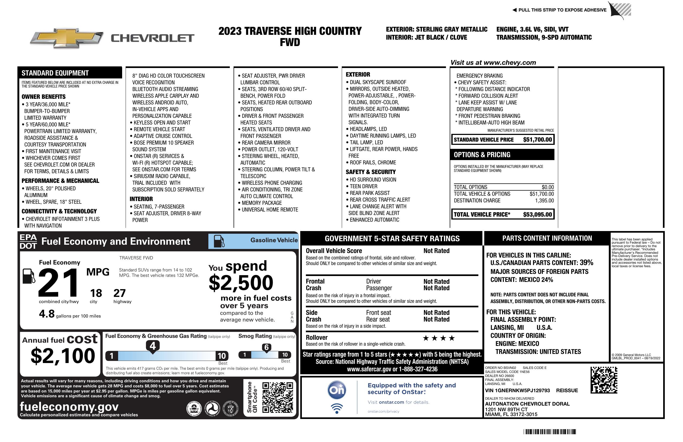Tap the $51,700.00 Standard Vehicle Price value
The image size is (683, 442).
click(x=537, y=140)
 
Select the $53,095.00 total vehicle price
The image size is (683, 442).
click(x=537, y=214)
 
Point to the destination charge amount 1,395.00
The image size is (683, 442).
click(x=544, y=201)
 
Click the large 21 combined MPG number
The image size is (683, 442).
click(x=58, y=283)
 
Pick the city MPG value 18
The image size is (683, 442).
click(x=96, y=293)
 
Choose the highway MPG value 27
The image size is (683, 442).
click(x=119, y=293)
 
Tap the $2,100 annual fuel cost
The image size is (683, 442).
click(x=63, y=356)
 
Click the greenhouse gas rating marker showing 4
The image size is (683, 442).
click(x=153, y=346)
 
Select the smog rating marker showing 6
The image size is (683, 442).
click(x=266, y=347)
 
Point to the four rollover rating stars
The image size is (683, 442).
click(x=439, y=338)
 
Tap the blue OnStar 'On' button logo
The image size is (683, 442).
click(x=337, y=390)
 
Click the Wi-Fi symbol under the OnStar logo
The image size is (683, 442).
click(x=337, y=408)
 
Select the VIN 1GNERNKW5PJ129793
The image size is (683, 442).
click(x=517, y=390)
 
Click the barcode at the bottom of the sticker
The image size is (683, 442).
click(x=549, y=432)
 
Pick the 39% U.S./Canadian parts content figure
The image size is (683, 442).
click(x=586, y=262)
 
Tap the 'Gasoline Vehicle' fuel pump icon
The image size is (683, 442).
click(x=219, y=241)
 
